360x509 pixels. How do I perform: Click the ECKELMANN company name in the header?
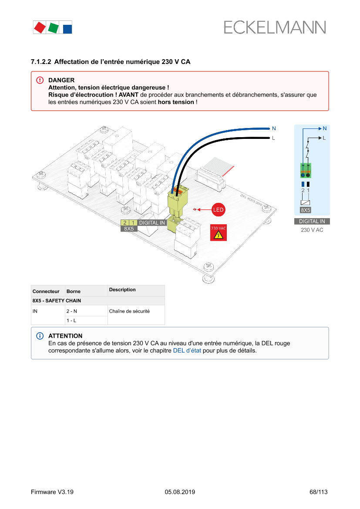point(275,27)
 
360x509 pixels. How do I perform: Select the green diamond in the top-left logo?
point(53,28)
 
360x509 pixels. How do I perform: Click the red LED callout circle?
point(218,210)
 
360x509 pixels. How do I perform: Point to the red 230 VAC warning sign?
point(218,233)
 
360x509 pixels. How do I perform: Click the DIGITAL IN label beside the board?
point(152,222)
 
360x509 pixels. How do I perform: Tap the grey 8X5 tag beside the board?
point(128,229)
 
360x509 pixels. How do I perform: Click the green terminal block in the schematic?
point(306,170)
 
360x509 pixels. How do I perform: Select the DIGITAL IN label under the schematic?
point(312,221)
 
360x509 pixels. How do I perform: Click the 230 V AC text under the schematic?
point(312,229)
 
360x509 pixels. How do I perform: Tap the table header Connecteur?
point(46,291)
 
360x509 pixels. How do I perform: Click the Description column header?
point(122,290)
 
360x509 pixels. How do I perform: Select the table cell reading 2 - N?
point(71,311)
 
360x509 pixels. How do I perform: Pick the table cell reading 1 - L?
point(71,320)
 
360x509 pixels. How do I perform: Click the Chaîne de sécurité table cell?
point(129,311)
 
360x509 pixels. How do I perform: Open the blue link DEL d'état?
point(187,350)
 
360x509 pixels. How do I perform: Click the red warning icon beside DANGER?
point(40,80)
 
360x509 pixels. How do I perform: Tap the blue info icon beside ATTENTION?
point(40,336)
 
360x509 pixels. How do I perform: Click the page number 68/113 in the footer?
point(318,492)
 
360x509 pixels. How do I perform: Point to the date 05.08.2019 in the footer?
point(180,492)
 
